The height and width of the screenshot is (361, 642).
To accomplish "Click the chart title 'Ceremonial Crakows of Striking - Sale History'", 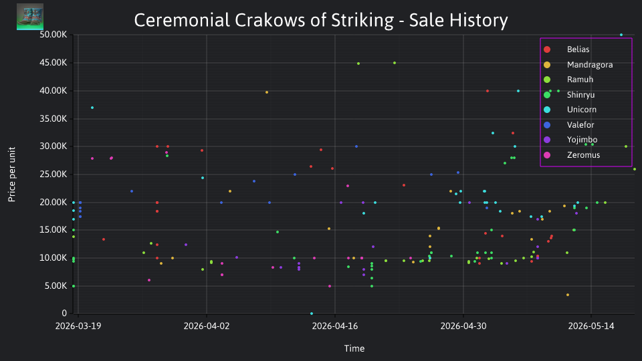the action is [x=321, y=21].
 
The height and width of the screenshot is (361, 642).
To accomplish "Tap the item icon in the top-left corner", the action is [x=30, y=17].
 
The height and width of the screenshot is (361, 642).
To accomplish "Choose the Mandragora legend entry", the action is [x=578, y=65].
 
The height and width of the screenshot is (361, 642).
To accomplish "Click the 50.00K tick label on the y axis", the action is [x=53, y=35].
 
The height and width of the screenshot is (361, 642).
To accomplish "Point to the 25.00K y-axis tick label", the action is [x=53, y=174].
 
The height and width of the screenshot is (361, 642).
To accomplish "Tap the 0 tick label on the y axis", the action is [x=64, y=313].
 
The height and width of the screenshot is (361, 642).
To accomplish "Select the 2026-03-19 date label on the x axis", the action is [x=78, y=326].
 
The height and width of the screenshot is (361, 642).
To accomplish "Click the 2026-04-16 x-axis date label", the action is [x=335, y=326].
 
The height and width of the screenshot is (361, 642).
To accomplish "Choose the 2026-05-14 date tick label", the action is [x=591, y=326].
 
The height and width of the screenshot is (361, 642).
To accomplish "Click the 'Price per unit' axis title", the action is [x=12, y=174].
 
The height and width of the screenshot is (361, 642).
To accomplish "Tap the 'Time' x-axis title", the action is [x=354, y=349].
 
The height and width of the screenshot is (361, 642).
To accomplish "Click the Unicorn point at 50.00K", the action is [x=621, y=35].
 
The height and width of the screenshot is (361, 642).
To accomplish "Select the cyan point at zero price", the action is [x=312, y=314].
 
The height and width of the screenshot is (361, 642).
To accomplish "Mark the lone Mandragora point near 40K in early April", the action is [x=267, y=92].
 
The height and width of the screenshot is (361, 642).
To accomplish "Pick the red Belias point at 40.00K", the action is [x=488, y=91].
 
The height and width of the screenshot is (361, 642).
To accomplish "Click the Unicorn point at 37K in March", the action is [x=92, y=108].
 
